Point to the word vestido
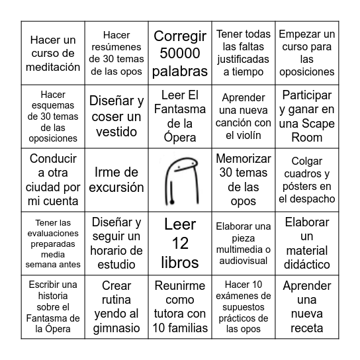tap(116, 132)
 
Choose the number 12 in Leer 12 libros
tap(180, 243)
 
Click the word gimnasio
tap(116, 328)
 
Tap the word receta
tap(306, 328)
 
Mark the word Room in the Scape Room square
tap(306, 138)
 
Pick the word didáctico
tap(306, 264)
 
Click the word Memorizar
tap(244, 159)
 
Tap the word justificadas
tap(244, 59)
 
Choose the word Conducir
tap(54, 159)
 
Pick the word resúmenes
tap(116, 47)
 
